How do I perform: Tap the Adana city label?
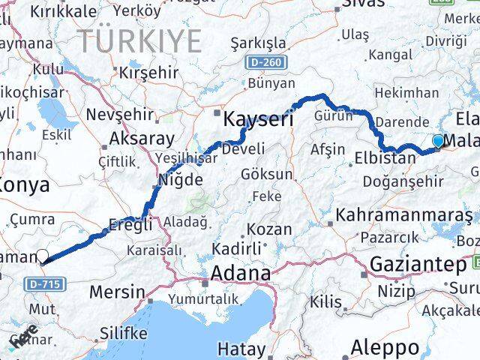[x=240, y=274]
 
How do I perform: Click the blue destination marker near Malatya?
[x=438, y=140]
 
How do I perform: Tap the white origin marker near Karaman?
[x=43, y=256]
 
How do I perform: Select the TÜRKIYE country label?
[x=141, y=40]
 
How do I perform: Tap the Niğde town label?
[x=180, y=179]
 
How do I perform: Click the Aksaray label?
[x=142, y=139]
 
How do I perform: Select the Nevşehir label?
[x=120, y=114]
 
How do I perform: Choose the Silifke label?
[x=123, y=332]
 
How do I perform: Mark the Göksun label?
[x=267, y=174]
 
